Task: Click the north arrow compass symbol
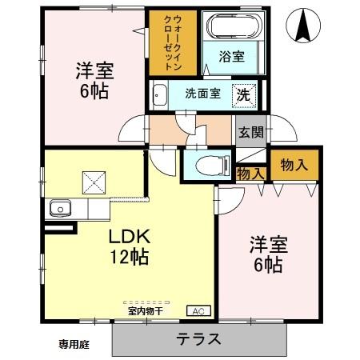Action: click(304, 25)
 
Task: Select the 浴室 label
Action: click(231, 56)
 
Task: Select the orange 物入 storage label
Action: click(294, 165)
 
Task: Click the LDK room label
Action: click(126, 238)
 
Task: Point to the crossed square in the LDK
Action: click(94, 182)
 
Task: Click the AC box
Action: click(196, 310)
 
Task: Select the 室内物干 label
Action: click(144, 310)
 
